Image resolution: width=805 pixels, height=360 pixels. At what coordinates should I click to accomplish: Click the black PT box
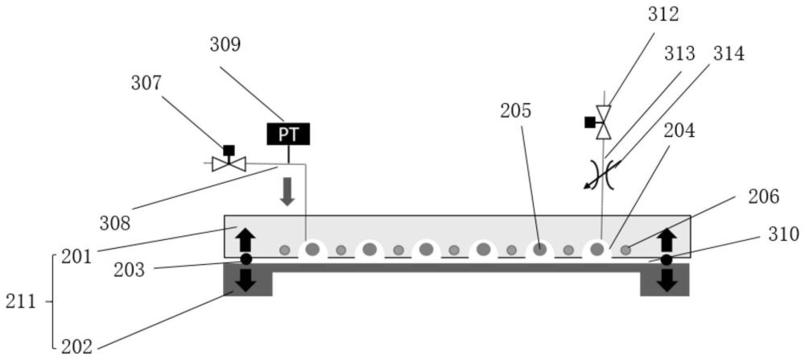tap(288, 134)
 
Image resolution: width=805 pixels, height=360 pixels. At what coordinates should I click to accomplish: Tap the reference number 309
tap(225, 44)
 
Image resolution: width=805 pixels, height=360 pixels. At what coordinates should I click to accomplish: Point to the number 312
tap(663, 14)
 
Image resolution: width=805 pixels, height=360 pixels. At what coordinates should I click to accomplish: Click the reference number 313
tap(680, 53)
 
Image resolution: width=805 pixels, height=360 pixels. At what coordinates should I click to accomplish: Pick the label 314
tap(729, 53)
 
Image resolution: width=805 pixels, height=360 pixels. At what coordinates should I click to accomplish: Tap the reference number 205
tap(515, 111)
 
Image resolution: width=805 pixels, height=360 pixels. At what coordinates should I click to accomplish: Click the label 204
tap(679, 130)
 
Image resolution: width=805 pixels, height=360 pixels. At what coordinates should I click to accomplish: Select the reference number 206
tap(764, 197)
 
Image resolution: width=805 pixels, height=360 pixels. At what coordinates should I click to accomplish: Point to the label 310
tap(783, 234)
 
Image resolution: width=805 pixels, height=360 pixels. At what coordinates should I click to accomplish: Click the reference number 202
tap(76, 347)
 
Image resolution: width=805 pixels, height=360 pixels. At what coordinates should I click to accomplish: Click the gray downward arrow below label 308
tap(287, 192)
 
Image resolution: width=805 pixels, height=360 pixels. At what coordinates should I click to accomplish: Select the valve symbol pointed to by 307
tap(229, 163)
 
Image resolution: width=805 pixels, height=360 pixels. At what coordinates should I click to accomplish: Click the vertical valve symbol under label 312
tap(603, 122)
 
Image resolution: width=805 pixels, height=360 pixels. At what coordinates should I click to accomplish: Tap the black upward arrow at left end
tap(246, 240)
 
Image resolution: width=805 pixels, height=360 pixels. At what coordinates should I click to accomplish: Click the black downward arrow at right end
tap(667, 279)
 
